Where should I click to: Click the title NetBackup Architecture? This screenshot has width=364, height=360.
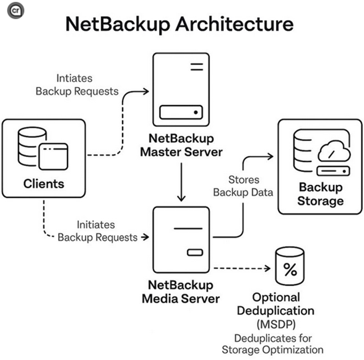click(179, 25)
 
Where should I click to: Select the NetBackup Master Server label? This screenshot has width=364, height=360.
click(181, 145)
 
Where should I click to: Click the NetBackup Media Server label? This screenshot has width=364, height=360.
click(181, 292)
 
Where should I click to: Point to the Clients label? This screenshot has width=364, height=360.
click(44, 184)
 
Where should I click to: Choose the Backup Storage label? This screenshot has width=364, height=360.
click(321, 194)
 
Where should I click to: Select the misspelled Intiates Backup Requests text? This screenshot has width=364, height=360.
click(77, 85)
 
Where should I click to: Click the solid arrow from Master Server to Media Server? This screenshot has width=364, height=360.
click(182, 182)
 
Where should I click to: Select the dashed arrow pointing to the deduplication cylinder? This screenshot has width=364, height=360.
click(240, 269)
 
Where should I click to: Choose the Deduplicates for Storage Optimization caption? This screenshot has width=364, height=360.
click(272, 344)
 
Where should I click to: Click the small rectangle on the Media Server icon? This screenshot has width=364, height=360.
click(195, 252)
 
